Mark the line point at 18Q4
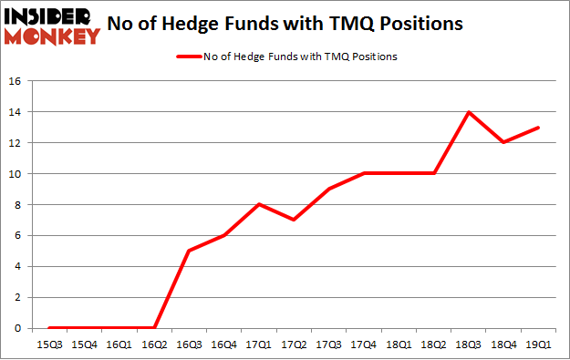tap(503, 143)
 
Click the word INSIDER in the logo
tap(51, 15)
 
